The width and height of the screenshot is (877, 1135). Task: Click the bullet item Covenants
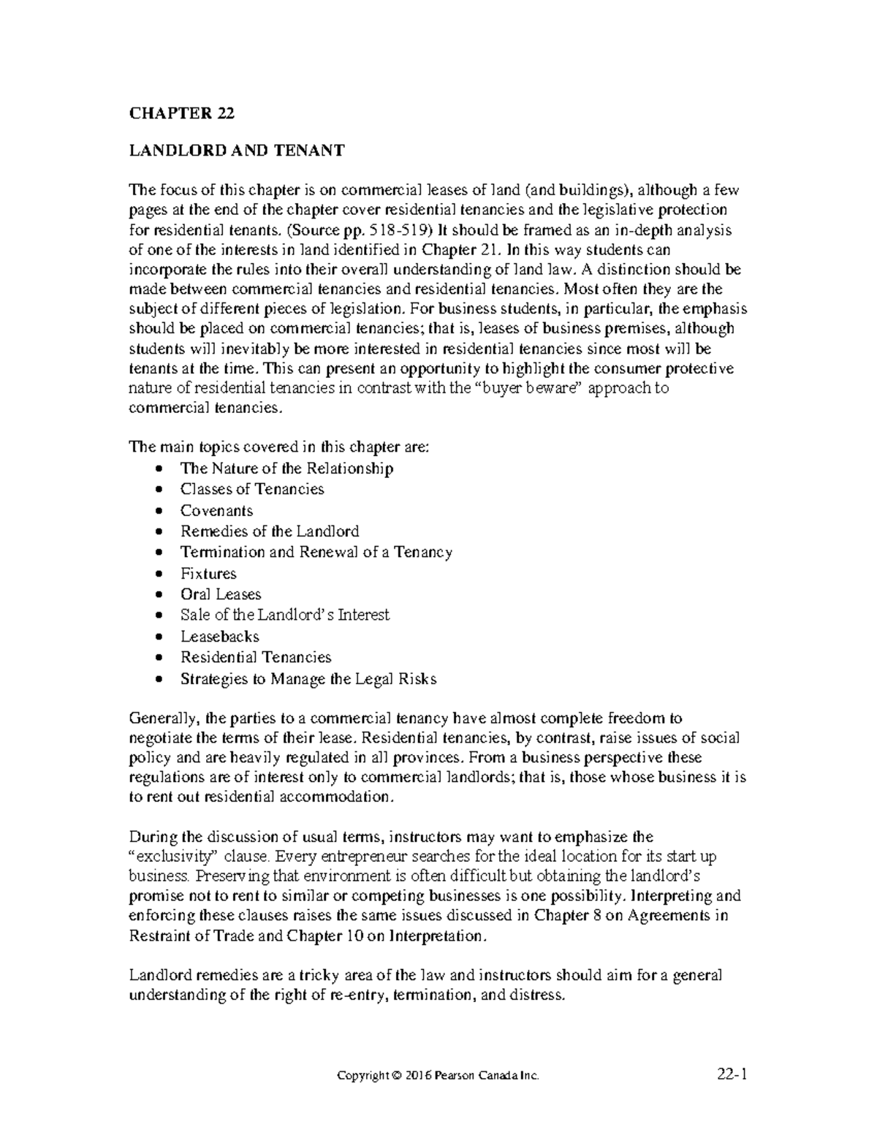pyautogui.click(x=216, y=510)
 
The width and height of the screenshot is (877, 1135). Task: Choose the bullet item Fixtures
pyautogui.click(x=208, y=573)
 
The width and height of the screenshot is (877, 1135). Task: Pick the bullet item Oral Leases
pyautogui.click(x=220, y=594)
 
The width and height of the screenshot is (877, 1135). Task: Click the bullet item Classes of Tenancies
pyautogui.click(x=252, y=489)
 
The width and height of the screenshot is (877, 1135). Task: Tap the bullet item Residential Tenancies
pyautogui.click(x=256, y=657)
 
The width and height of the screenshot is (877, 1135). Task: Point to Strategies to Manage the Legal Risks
pyautogui.click(x=308, y=678)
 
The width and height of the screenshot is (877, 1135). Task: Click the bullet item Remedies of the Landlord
pyautogui.click(x=270, y=531)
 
